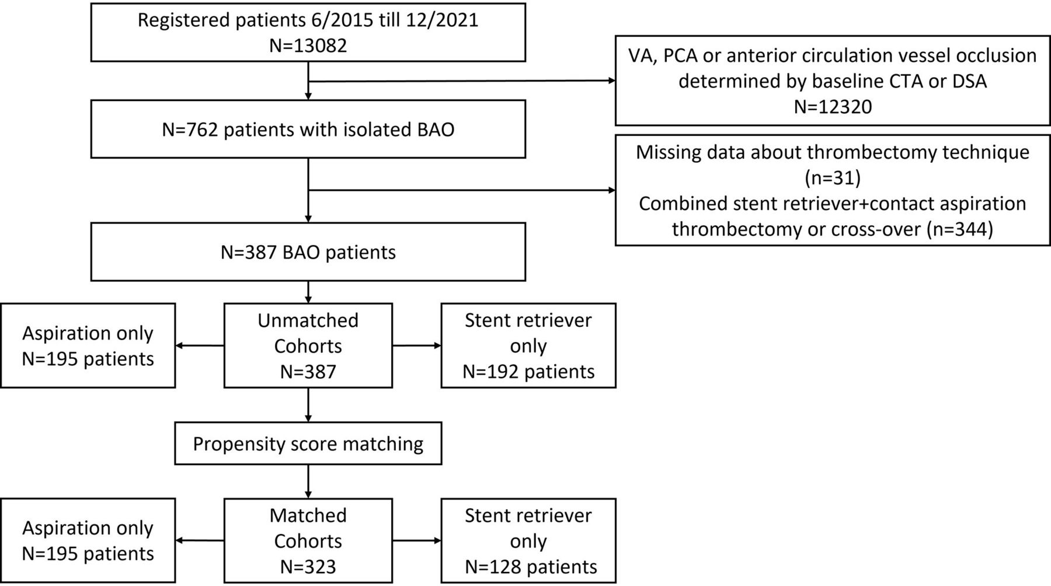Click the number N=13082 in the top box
coord(308,46)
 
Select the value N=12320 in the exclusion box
coord(833,106)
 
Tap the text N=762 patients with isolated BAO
coord(308,129)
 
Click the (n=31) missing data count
coord(833,177)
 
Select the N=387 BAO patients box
coord(308,252)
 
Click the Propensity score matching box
coord(308,444)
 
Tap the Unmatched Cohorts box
coord(308,346)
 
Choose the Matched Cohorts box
coord(308,540)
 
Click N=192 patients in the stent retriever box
coord(528,371)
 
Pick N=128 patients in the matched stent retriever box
coord(531,566)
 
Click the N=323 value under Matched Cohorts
coord(308,566)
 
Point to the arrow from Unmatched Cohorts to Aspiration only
coord(200,346)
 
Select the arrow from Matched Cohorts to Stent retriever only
coord(417,540)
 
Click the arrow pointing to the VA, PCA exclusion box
coord(461,81)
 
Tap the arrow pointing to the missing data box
coord(461,190)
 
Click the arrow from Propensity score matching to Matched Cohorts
coord(308,482)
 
